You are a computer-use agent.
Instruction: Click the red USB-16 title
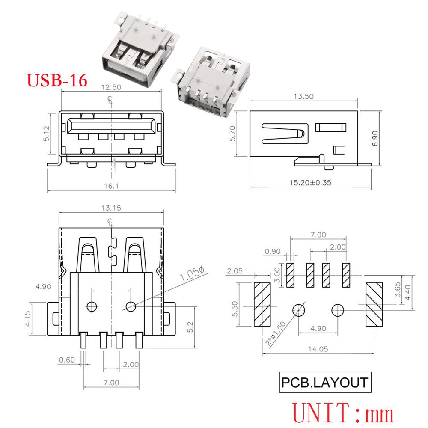57,80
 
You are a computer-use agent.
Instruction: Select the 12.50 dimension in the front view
110,87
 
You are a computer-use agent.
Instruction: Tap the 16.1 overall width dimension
110,186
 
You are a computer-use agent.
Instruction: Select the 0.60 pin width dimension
67,360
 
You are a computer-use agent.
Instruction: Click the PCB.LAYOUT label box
324,382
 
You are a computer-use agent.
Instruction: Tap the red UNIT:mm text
343,413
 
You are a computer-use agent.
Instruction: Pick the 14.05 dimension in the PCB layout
317,349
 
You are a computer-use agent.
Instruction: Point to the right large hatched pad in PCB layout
373,304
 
